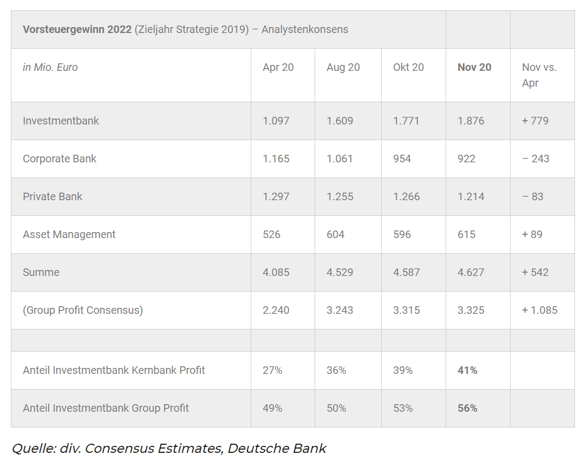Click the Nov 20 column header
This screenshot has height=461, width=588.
(x=474, y=67)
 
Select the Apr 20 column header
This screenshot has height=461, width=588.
(x=278, y=67)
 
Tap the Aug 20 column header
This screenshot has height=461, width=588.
(x=343, y=67)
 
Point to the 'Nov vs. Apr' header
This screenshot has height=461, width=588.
(x=539, y=75)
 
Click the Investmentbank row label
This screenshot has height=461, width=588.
(x=61, y=121)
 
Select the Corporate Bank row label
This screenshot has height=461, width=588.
(x=60, y=159)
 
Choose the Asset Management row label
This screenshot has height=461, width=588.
(x=69, y=234)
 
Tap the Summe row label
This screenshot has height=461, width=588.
(x=41, y=272)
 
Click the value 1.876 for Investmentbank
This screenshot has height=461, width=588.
(x=471, y=121)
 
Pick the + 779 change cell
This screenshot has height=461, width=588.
(x=535, y=121)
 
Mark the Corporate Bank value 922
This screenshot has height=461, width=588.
(x=466, y=159)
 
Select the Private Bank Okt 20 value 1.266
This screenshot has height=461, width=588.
(x=406, y=196)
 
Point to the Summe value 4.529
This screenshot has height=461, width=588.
(x=339, y=272)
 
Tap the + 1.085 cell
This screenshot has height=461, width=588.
(x=539, y=310)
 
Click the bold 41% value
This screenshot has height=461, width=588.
(x=467, y=370)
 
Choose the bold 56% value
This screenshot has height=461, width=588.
(x=467, y=408)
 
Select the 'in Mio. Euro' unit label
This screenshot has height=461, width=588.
(x=50, y=67)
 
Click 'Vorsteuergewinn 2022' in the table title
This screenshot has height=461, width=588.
(x=77, y=29)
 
